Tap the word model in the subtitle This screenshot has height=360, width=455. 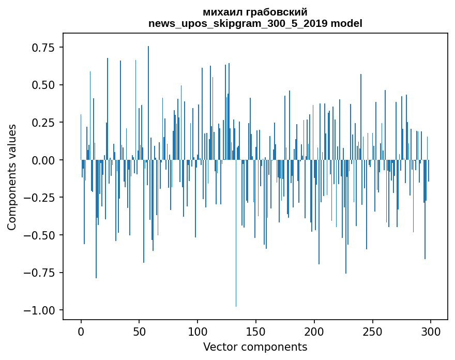coord(346,23)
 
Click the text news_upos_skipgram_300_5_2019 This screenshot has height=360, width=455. coord(238,24)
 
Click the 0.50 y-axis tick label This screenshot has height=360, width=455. coord(43,85)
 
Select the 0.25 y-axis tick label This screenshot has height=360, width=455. coord(43,123)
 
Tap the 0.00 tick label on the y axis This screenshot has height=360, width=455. coord(43,160)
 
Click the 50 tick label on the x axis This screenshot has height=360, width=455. coord(139,332)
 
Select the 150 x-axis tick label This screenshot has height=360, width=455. coord(255,332)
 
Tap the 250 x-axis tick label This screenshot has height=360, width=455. coord(372,332)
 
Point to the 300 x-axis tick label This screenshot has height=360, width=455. coord(431,332)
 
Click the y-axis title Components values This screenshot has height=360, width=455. coord(11,177)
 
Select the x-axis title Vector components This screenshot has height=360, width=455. coord(255,347)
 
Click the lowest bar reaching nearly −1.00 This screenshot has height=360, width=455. coord(236,233)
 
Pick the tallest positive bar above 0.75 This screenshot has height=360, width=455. coord(148,103)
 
